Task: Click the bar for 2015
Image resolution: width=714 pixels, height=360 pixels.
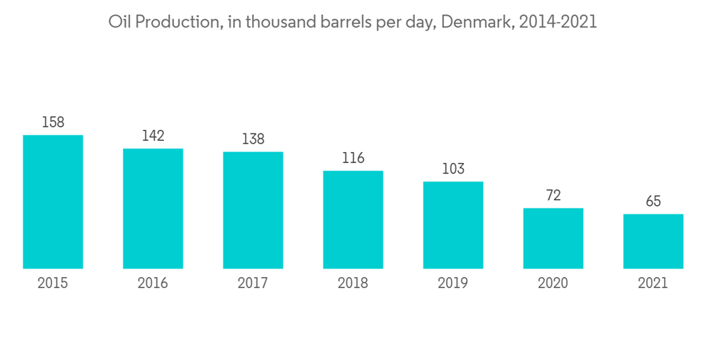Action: (x=53, y=201)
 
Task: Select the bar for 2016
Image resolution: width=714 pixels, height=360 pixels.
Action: (x=153, y=209)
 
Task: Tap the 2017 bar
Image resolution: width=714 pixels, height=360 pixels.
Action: (x=253, y=210)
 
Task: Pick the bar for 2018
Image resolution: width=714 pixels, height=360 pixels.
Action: (x=353, y=219)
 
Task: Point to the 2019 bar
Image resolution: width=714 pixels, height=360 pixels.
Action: (x=453, y=225)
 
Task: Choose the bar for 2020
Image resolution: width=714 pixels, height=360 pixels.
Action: (x=553, y=238)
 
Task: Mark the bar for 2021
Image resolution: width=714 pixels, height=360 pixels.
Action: (x=653, y=241)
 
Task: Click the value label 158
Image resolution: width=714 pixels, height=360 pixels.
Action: (x=53, y=123)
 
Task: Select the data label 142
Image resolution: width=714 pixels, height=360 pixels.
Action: (x=153, y=136)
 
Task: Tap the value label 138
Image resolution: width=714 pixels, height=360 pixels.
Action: (x=253, y=139)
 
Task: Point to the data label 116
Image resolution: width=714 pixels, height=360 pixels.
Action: (x=353, y=159)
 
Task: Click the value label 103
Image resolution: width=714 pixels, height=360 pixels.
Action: (x=453, y=169)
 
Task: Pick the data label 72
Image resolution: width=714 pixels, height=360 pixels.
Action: (x=553, y=196)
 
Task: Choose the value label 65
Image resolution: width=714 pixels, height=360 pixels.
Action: (x=653, y=201)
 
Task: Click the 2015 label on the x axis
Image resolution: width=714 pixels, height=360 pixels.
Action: (x=53, y=284)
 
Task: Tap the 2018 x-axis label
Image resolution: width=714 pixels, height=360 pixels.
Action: (x=353, y=284)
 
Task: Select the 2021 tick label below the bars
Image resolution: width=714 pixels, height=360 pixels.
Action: (x=653, y=284)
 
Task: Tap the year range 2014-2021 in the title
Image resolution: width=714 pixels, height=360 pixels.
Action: (x=558, y=22)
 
